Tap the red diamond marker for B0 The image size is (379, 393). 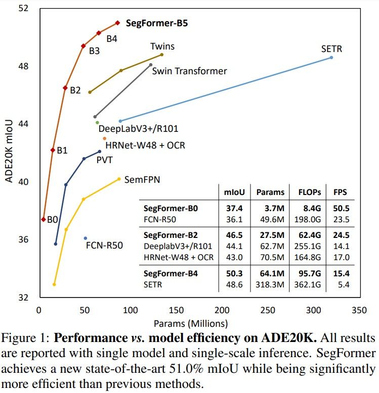click(44, 219)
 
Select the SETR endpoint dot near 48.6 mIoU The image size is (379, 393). click(331, 58)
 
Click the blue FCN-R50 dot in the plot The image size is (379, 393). click(85, 238)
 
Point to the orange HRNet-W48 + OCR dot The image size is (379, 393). click(105, 138)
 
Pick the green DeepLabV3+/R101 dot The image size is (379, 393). click(97, 123)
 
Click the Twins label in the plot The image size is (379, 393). click(162, 46)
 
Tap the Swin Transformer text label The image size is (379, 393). click(189, 71)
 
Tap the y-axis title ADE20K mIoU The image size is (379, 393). click(9, 152)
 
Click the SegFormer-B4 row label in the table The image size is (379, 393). click(171, 274)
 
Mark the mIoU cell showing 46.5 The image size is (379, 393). click(232, 235)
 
